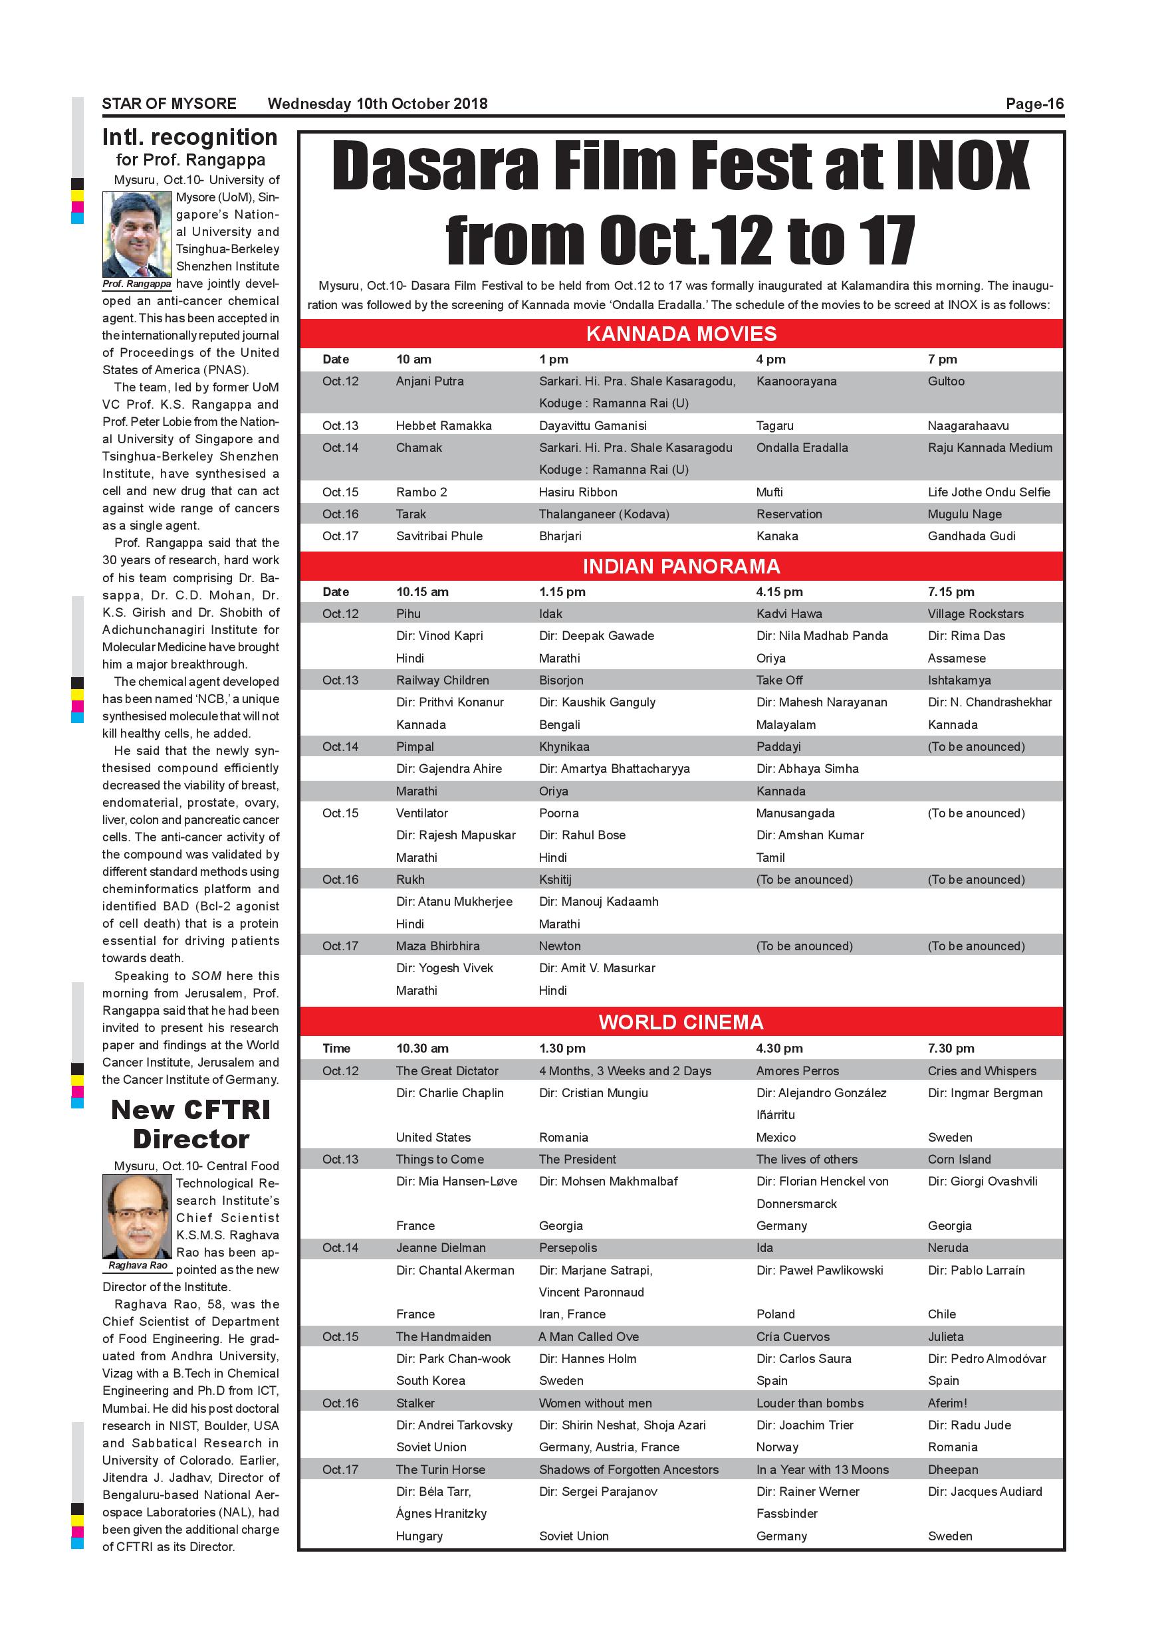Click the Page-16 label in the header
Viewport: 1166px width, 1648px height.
tap(1034, 104)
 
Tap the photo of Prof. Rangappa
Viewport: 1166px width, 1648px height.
tap(137, 234)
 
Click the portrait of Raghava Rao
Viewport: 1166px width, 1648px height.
tap(137, 1216)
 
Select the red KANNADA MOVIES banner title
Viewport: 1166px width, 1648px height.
tap(681, 334)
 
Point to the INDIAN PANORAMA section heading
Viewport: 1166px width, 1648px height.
tap(681, 566)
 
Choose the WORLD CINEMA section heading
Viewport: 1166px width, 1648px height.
tap(681, 1022)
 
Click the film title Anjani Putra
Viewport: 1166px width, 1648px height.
tap(429, 381)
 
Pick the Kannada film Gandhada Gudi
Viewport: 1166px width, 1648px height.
tap(971, 536)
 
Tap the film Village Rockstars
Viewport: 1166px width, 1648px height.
tap(975, 614)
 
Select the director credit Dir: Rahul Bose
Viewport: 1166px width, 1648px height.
tap(582, 835)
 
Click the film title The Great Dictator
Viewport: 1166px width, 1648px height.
tap(447, 1071)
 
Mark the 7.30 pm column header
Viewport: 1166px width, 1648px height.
tap(951, 1049)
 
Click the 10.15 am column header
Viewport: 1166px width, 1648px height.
tap(422, 592)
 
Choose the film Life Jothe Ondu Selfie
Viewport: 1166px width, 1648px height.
tap(988, 492)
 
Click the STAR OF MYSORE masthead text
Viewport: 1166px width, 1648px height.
tap(169, 104)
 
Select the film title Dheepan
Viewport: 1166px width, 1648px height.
tap(952, 1469)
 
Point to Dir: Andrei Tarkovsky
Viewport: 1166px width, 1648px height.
tap(454, 1425)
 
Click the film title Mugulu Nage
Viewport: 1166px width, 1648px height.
tap(965, 514)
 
